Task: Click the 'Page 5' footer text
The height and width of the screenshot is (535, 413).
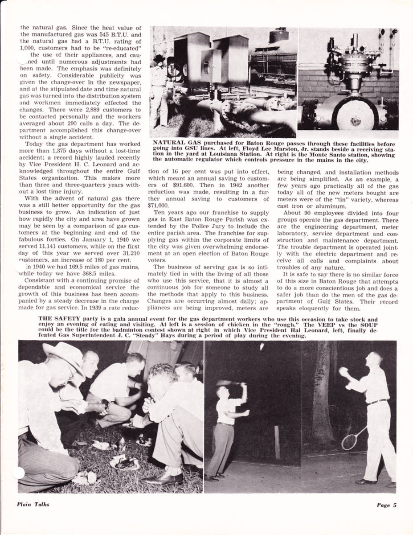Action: pyautogui.click(x=386, y=505)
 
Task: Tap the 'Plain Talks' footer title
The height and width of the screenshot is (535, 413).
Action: pyautogui.click(x=33, y=504)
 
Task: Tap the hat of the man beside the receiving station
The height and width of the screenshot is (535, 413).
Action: pyautogui.click(x=159, y=58)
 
